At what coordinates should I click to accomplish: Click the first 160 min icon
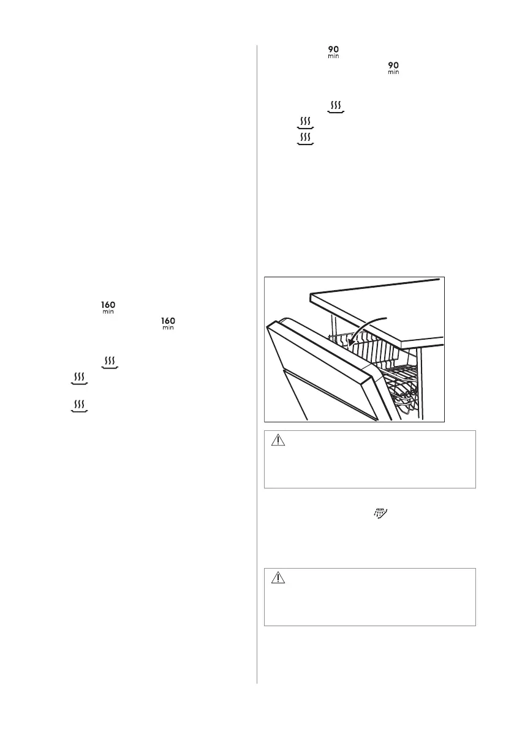[108, 307]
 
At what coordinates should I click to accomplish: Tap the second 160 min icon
[167, 323]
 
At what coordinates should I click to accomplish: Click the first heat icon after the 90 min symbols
[336, 107]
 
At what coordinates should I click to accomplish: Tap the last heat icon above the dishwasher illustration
[305, 138]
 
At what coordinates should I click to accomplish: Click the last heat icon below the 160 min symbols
[78, 406]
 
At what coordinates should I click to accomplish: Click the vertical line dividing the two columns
[257, 367]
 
